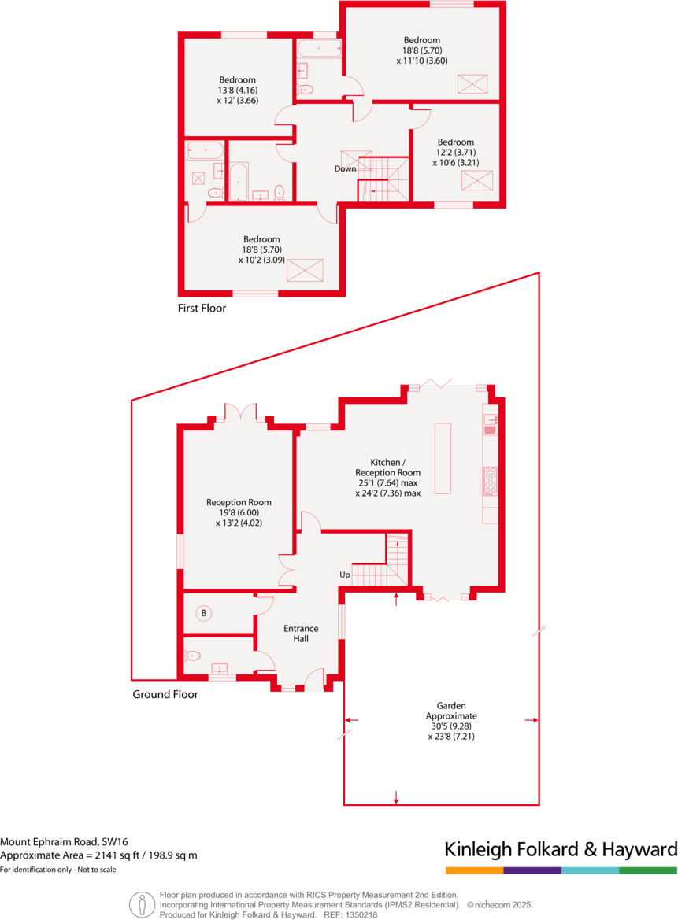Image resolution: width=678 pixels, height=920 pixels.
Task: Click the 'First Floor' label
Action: [x=202, y=309]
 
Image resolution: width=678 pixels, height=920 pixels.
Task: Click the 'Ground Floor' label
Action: [x=165, y=694]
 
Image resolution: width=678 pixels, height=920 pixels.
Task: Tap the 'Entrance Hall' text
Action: [x=301, y=634]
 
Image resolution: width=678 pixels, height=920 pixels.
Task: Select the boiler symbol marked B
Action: [x=203, y=613]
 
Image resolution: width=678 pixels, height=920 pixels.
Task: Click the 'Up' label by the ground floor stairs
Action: [x=345, y=575]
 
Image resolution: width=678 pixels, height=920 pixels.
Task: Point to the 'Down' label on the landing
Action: [x=345, y=168]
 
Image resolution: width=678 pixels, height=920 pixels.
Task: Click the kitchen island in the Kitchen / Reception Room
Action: [x=443, y=458]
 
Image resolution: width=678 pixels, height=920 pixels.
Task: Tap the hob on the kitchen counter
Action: [x=490, y=480]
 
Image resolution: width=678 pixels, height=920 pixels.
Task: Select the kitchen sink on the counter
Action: [x=490, y=426]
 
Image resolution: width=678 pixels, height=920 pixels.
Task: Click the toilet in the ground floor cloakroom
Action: [x=193, y=656]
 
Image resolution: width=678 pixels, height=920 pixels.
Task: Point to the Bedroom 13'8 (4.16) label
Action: [x=237, y=90]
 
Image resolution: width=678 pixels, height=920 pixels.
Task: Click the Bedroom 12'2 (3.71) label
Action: [x=455, y=153]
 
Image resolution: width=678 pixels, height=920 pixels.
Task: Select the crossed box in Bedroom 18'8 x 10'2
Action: [x=305, y=270]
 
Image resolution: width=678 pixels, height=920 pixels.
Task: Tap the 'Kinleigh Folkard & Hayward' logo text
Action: [x=561, y=850]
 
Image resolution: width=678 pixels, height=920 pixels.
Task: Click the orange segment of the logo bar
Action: [x=474, y=870]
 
